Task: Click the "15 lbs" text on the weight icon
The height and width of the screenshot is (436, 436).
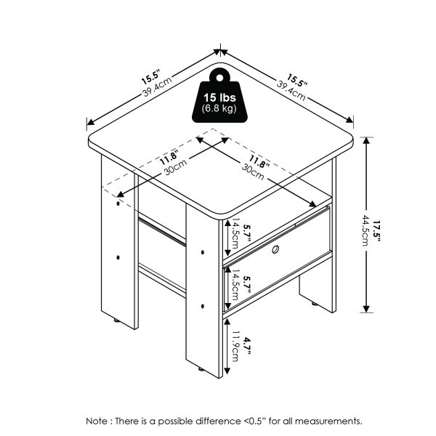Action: click(219, 97)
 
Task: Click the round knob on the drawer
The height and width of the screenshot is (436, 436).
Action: click(276, 251)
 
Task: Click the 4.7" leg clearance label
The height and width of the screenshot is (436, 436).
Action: click(248, 342)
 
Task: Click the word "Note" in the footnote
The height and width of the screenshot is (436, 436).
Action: click(97, 421)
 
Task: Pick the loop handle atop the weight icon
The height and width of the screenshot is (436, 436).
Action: click(219, 74)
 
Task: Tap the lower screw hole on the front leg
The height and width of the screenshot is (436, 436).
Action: click(203, 305)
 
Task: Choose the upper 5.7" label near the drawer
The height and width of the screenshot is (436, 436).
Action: click(248, 233)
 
